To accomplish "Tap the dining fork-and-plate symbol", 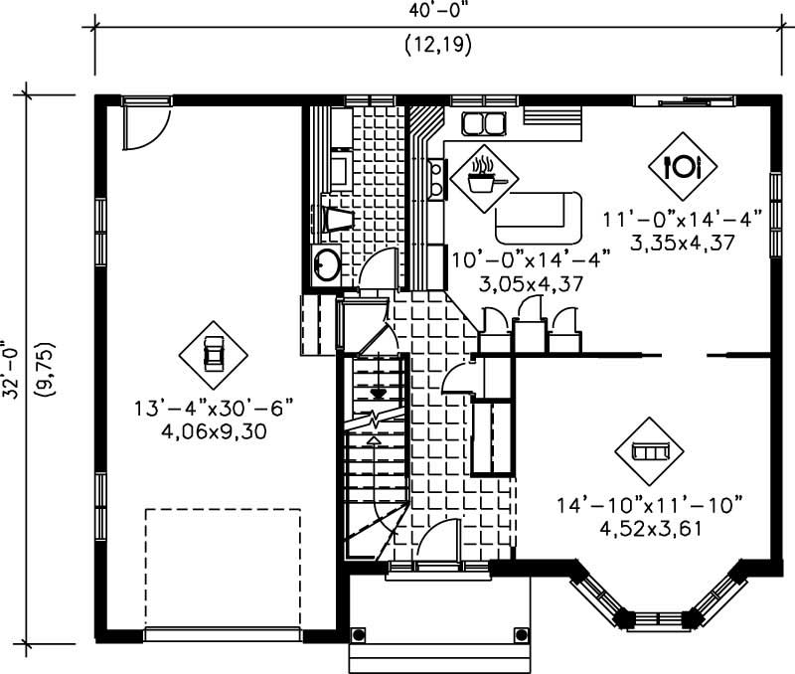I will tap(683, 163).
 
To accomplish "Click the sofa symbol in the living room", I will tap(650, 451).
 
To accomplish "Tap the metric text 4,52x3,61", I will tap(653, 528).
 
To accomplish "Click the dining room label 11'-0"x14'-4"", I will tap(683, 219).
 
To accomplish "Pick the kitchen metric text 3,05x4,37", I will tap(516, 285).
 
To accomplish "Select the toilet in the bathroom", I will tap(335, 218).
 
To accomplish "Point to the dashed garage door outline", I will tap(223, 568).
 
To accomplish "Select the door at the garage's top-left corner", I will tap(141, 123).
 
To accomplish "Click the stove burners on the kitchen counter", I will tap(436, 178).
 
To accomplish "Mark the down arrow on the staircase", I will tap(377, 394).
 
